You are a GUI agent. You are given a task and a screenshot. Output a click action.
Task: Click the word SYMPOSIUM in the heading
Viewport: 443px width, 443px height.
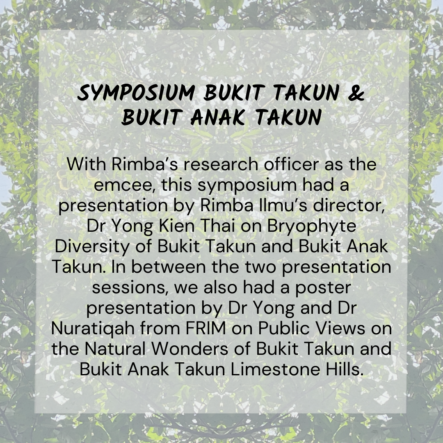[x=137, y=93]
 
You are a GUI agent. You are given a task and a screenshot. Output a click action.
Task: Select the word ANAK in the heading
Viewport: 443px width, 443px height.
[x=217, y=117]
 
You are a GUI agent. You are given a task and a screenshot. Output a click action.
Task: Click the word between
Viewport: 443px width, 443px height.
[x=169, y=267]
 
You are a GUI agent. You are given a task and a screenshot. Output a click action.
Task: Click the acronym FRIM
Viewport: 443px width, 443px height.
[x=206, y=328]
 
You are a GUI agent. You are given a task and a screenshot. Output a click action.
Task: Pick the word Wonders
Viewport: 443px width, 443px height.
[x=190, y=349]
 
